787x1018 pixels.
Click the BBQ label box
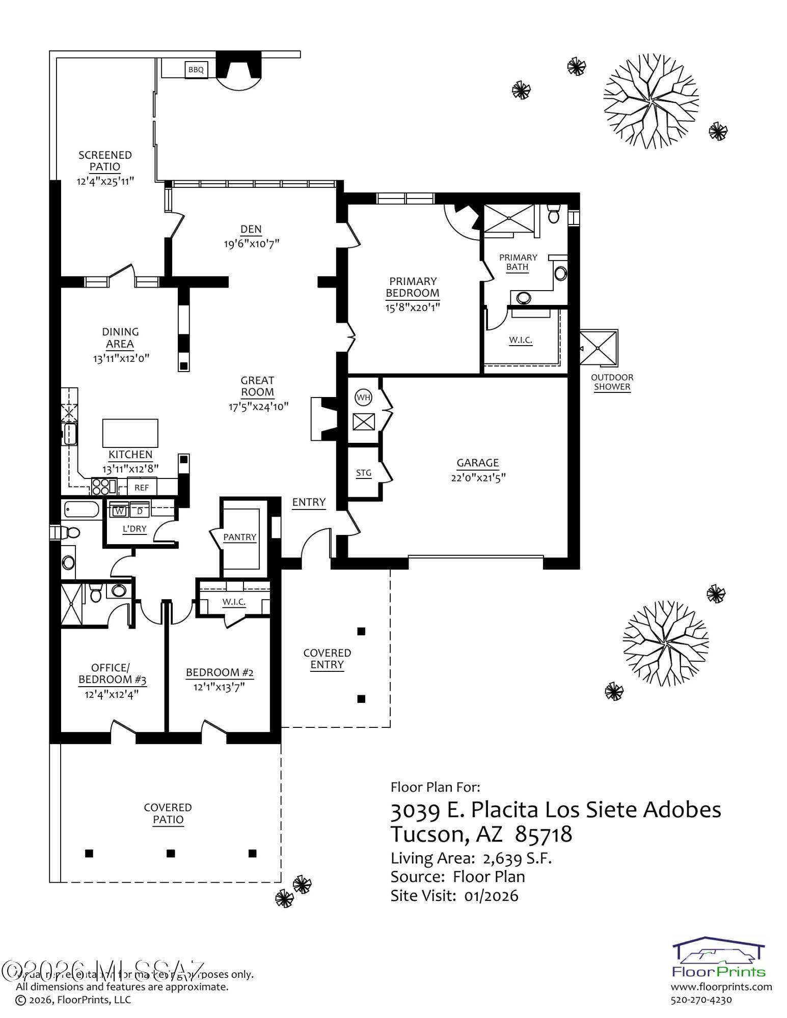(196, 70)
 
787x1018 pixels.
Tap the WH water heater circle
(363, 398)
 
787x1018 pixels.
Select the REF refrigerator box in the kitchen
(142, 487)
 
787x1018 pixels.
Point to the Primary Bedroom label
(413, 287)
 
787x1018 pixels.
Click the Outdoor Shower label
(612, 382)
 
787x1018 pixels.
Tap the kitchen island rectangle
(130, 433)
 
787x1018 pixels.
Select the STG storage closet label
(364, 473)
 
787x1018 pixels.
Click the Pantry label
(239, 537)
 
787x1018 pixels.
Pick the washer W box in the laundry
(120, 511)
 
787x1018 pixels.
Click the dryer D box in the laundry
(140, 511)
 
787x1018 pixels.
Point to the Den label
(251, 229)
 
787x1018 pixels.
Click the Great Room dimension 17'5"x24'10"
(258, 406)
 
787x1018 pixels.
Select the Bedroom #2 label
(220, 672)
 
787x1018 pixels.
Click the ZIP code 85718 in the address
(544, 834)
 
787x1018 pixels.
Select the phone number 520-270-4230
(701, 999)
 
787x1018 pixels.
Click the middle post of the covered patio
(171, 853)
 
